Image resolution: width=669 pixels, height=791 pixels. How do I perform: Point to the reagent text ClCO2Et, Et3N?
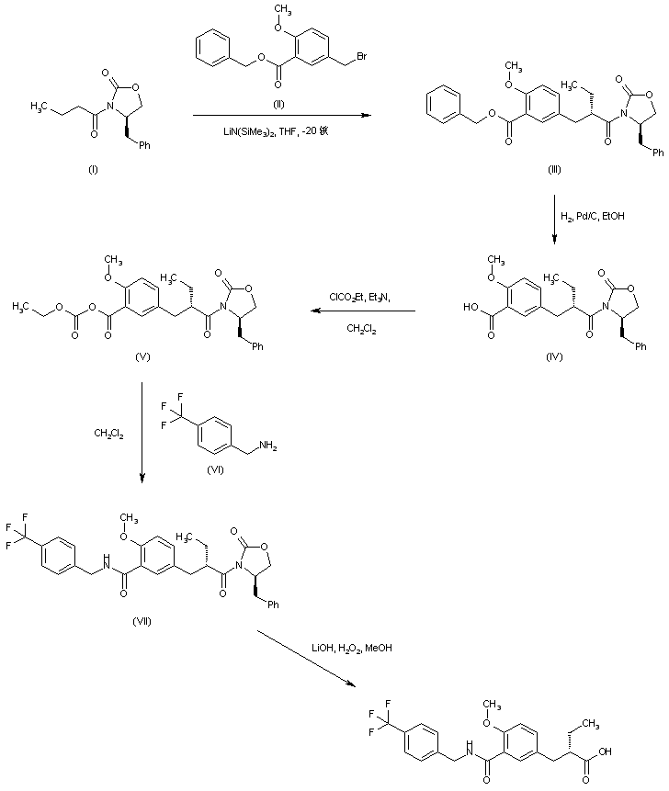click(360, 296)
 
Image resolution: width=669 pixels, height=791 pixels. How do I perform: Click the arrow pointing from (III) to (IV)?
click(555, 218)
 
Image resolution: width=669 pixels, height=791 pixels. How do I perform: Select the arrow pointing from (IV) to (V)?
click(362, 311)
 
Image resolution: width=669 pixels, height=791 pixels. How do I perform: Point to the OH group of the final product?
click(635, 750)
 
